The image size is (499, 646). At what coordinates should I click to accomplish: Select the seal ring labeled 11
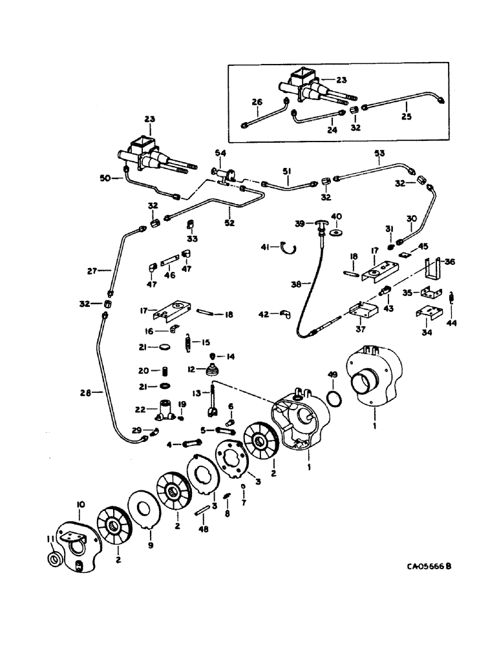click(x=55, y=558)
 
